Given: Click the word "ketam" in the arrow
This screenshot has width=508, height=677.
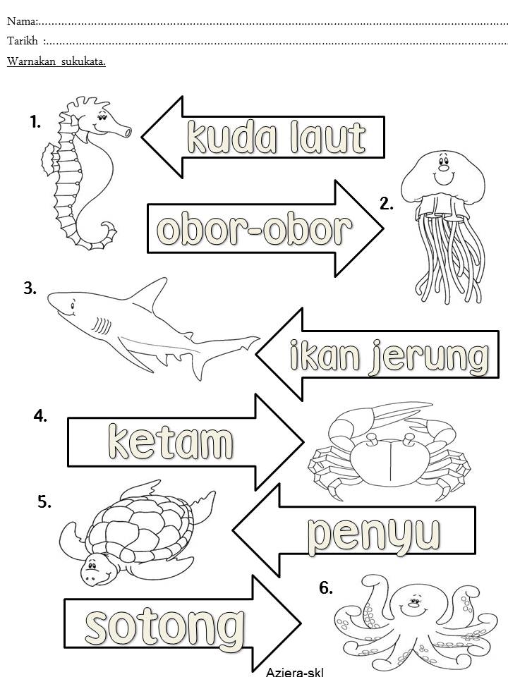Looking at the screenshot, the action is pos(170,442).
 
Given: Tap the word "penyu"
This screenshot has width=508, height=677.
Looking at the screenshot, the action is pos(374,534).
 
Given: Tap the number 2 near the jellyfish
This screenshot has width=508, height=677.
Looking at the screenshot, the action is pos(386,204).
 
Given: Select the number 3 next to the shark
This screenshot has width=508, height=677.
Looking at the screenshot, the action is pos(30,288).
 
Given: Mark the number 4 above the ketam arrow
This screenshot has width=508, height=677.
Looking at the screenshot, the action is pos(40,416).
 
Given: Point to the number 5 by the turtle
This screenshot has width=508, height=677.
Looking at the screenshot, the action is pos(44,502).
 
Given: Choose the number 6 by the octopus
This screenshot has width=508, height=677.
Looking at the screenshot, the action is pos(326,587).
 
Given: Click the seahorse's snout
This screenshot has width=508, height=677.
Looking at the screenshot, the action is pos(123,130).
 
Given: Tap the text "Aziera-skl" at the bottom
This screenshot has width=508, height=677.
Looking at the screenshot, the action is pos(294,671).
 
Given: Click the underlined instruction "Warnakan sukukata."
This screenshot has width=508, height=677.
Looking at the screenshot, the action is pos(56,61).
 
